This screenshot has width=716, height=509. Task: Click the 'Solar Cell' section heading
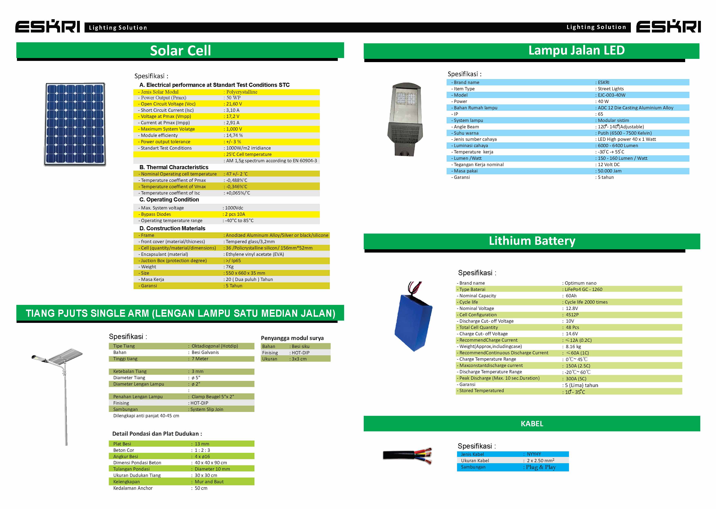click(x=180, y=50)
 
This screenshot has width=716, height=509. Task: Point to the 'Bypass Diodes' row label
click(x=156, y=214)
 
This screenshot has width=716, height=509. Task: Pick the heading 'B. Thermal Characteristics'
click(x=174, y=167)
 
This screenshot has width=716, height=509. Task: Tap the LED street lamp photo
click(x=406, y=119)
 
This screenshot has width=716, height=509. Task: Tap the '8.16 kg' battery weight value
click(x=573, y=347)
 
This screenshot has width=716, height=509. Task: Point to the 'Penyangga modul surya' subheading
click(x=292, y=338)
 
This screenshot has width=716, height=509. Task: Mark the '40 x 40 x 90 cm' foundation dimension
click(x=211, y=463)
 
